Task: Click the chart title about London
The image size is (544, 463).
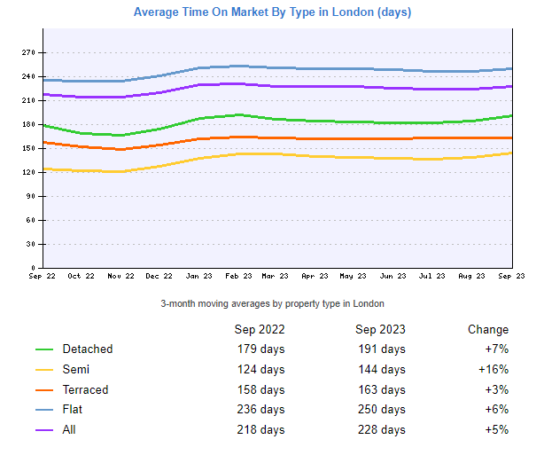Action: [272, 12]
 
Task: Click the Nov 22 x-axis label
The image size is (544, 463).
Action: [120, 276]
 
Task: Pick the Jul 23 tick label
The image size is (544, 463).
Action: [433, 276]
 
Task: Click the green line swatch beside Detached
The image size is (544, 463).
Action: [44, 349]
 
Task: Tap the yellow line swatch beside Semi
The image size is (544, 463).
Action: [44, 370]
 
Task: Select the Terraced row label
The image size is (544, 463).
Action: [86, 389]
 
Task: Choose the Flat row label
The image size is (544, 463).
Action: [74, 409]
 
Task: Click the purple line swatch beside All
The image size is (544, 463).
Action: [44, 430]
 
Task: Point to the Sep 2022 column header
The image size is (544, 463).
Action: [260, 329]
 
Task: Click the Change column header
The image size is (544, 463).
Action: [488, 329]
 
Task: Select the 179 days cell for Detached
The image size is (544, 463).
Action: [260, 349]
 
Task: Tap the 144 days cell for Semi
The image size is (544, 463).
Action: [382, 369]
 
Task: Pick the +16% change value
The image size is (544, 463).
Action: [493, 369]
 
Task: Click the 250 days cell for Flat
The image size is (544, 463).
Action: [382, 409]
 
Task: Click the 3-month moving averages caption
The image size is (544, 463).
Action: [272, 303]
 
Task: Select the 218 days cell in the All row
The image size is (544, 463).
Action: [260, 429]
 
